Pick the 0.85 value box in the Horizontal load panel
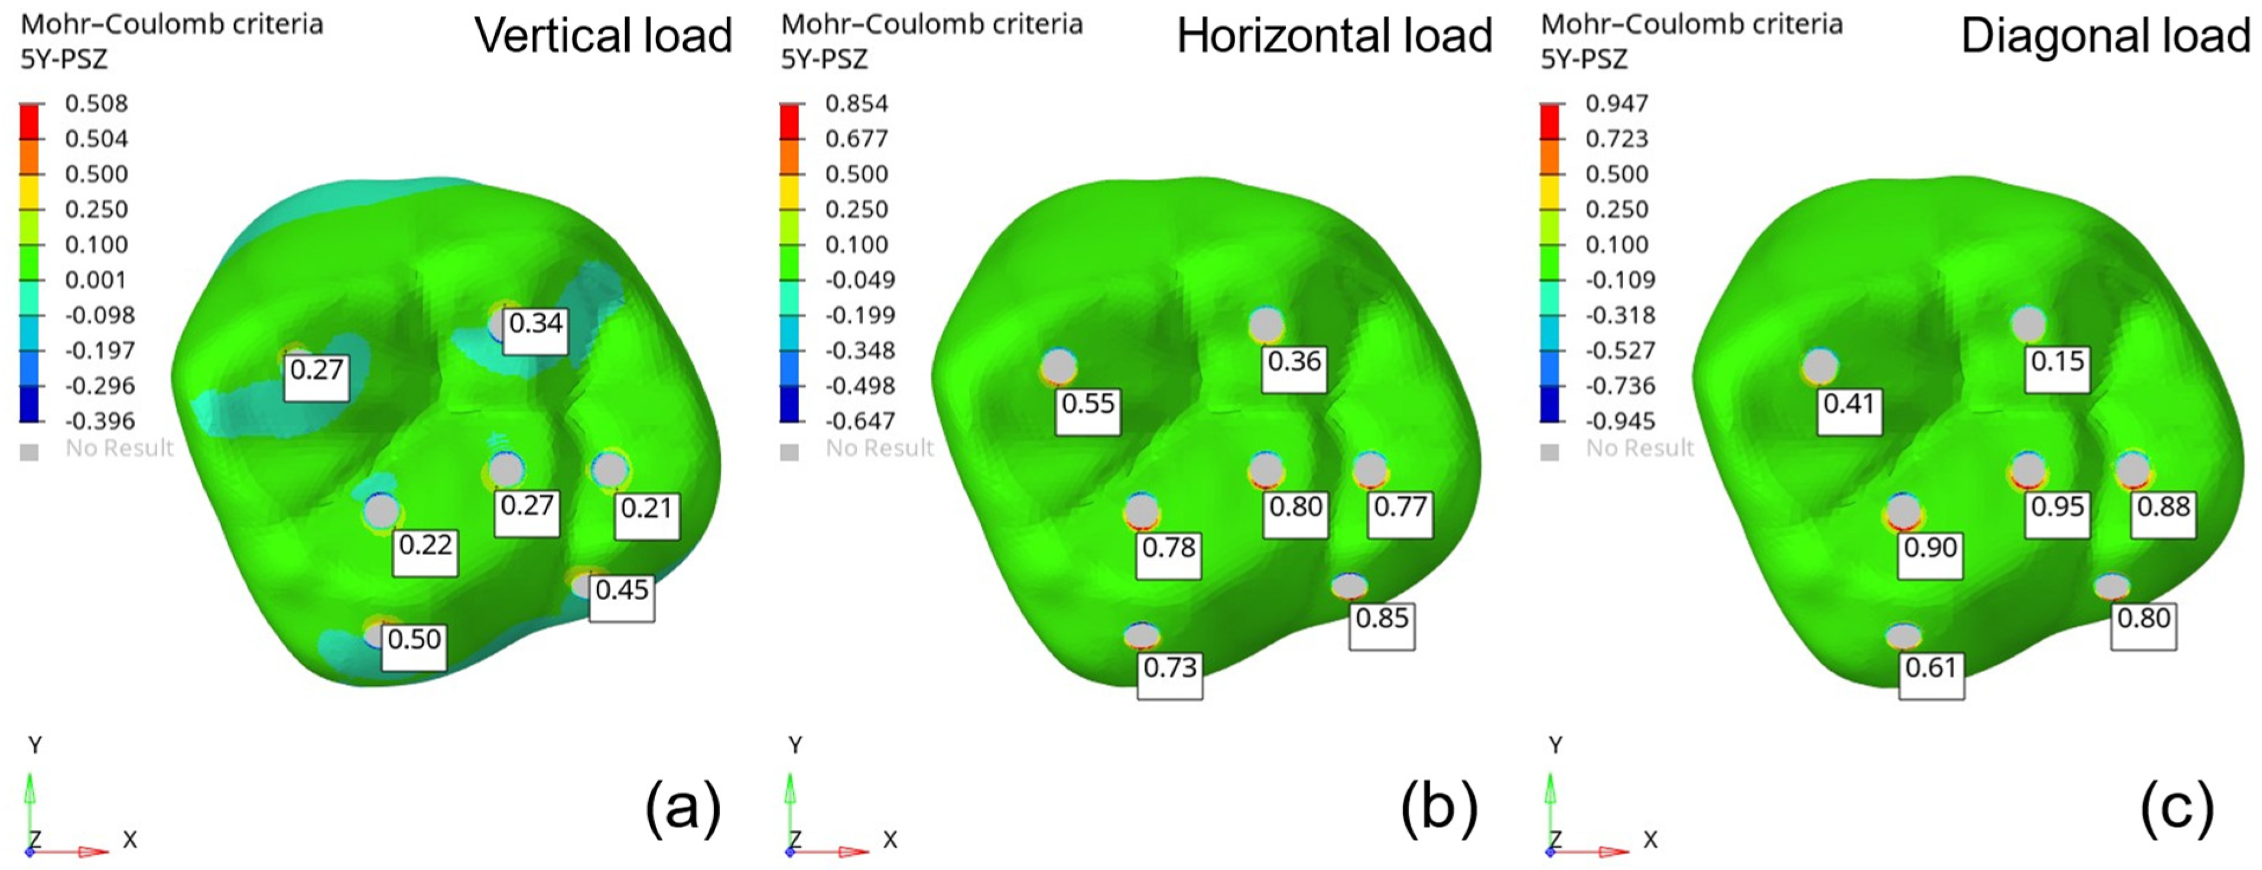[x=1382, y=624]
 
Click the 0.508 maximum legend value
[x=96, y=103]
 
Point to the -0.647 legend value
[x=856, y=421]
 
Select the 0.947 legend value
[x=1617, y=103]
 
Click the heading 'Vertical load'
[x=603, y=36]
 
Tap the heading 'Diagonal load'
[x=2105, y=36]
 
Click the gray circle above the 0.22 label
[x=382, y=511]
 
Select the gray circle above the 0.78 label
[x=1142, y=511]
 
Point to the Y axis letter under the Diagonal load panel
[x=1555, y=745]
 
